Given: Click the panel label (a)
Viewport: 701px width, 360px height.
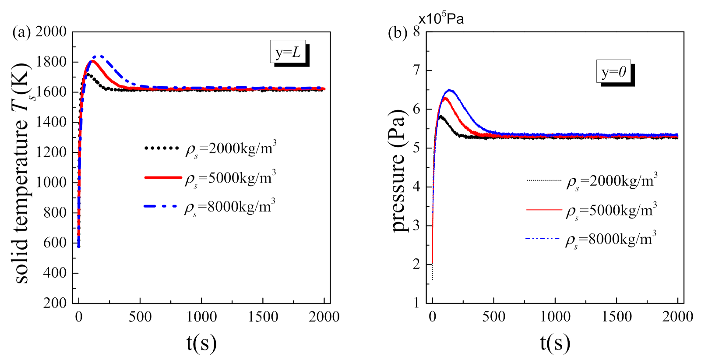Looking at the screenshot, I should [x=21, y=32].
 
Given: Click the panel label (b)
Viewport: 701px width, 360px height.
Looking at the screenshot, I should [x=397, y=33].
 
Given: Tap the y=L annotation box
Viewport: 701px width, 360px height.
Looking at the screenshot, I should [x=288, y=52].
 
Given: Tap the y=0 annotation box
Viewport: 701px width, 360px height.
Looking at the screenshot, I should [x=613, y=71].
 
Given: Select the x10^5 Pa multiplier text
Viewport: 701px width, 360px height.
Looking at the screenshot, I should [x=441, y=18].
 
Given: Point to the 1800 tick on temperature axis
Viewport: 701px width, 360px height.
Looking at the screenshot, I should [x=51, y=62].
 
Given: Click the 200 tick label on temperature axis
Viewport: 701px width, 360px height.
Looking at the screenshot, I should [x=55, y=303].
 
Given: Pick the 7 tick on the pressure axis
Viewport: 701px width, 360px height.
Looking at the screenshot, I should [x=416, y=70].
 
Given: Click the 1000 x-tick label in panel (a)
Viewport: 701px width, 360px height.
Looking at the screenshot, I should [x=201, y=317].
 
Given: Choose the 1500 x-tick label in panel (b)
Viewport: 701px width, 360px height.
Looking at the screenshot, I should [x=616, y=317].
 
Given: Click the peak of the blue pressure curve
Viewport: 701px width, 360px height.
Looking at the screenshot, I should [x=449, y=90].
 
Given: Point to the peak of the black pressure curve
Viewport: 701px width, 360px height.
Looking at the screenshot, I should [x=440, y=116].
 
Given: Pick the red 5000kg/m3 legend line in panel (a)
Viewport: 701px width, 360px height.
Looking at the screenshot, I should [x=162, y=177].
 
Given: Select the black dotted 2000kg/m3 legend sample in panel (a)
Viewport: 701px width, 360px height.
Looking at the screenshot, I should [x=162, y=148].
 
